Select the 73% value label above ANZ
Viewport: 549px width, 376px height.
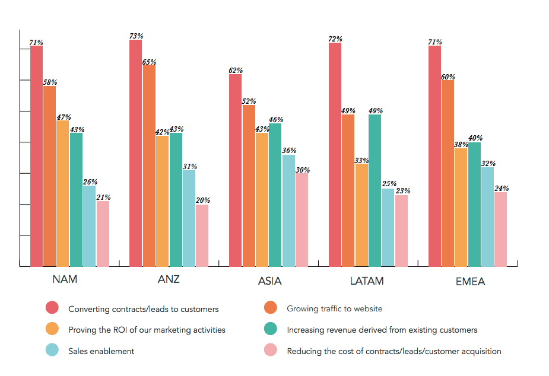pyautogui.click(x=136, y=36)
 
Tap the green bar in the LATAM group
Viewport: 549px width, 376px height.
pyautogui.click(x=375, y=190)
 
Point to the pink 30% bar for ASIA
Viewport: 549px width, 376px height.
pyautogui.click(x=302, y=219)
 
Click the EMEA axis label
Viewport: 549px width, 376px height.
pyautogui.click(x=470, y=282)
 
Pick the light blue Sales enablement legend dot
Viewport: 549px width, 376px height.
pyautogui.click(x=52, y=350)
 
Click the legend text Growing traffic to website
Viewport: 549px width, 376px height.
pyautogui.click(x=334, y=308)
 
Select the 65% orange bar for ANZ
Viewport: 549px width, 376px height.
pyautogui.click(x=149, y=165)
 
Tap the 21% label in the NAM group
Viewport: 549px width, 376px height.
pyautogui.click(x=103, y=197)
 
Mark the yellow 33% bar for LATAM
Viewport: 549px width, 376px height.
pyautogui.click(x=361, y=215)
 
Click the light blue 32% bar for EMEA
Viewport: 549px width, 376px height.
pyautogui.click(x=487, y=216)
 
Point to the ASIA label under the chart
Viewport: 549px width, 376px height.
pyautogui.click(x=269, y=281)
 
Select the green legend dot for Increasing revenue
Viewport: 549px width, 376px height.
pyautogui.click(x=271, y=329)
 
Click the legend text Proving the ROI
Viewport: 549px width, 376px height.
pyautogui.click(x=147, y=330)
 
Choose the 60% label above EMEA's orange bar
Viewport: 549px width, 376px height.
pyautogui.click(x=448, y=77)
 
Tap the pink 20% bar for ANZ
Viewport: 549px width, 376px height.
pyautogui.click(x=202, y=235)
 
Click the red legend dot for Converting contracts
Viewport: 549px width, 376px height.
pyautogui.click(x=52, y=308)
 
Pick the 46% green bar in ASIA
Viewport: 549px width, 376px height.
pyautogui.click(x=275, y=195)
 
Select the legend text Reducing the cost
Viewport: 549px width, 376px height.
pyautogui.click(x=393, y=351)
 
